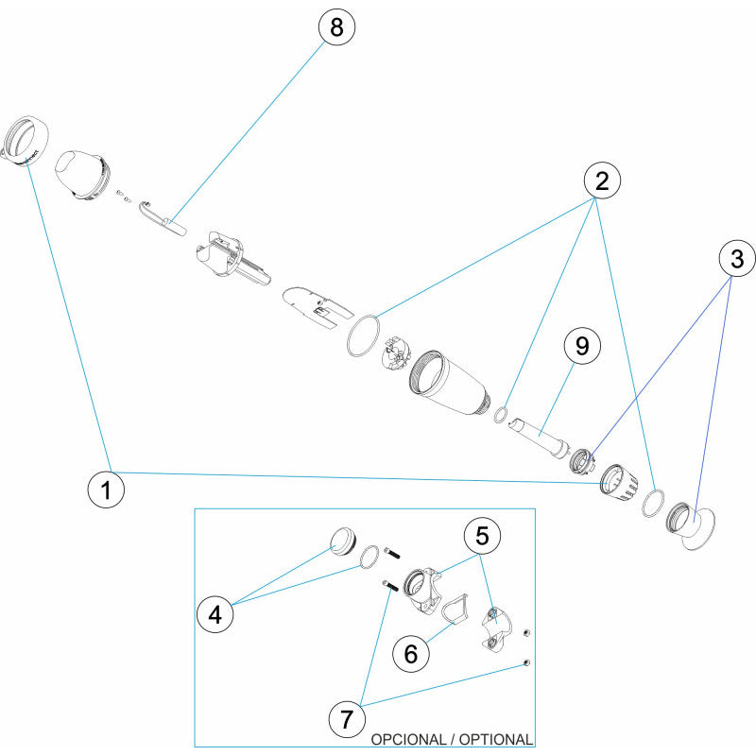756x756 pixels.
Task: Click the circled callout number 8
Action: click(x=335, y=28)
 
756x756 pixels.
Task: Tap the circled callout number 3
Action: click(x=737, y=256)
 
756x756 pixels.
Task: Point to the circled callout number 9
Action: click(x=581, y=346)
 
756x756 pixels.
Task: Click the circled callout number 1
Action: click(x=105, y=490)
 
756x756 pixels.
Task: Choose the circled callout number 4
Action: click(x=215, y=614)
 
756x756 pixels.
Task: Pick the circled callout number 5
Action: click(x=482, y=536)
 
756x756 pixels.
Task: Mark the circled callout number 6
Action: click(x=410, y=652)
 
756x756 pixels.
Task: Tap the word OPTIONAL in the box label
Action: click(x=496, y=739)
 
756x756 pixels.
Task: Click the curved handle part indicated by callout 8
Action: click(x=161, y=216)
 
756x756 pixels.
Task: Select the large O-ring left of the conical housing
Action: click(x=364, y=335)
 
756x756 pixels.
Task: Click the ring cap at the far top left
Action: click(x=24, y=144)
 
